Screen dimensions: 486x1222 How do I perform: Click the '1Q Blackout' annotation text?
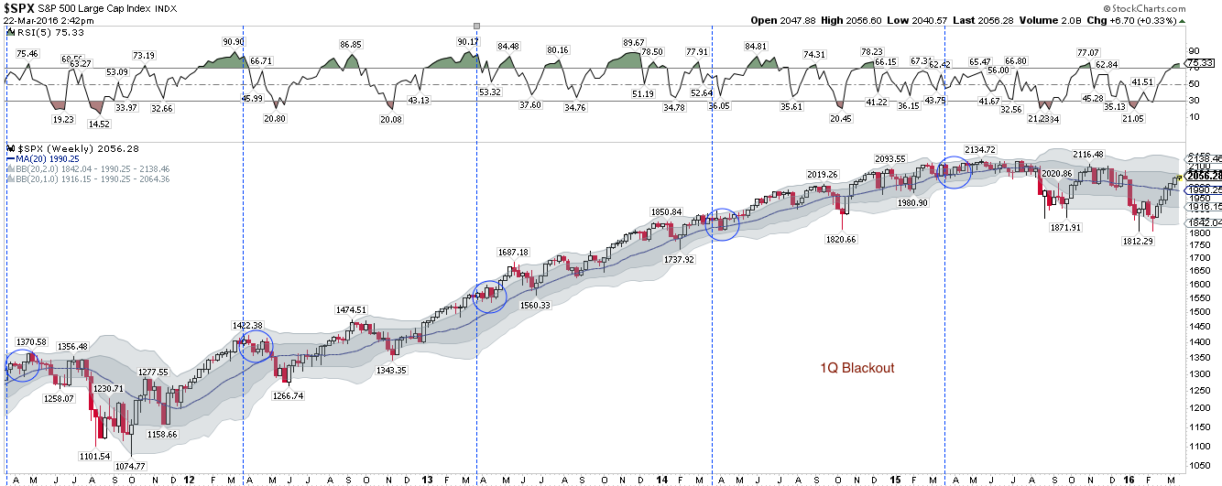click(856, 368)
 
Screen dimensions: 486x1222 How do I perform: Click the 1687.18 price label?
click(513, 252)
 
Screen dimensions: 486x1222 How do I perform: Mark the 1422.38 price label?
click(247, 325)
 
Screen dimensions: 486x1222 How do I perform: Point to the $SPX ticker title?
click(25, 8)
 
